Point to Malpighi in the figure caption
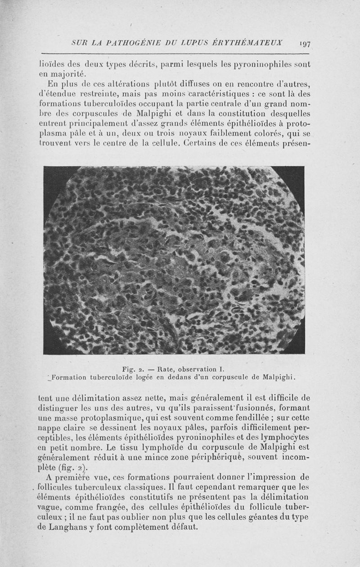(x=283, y=376)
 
